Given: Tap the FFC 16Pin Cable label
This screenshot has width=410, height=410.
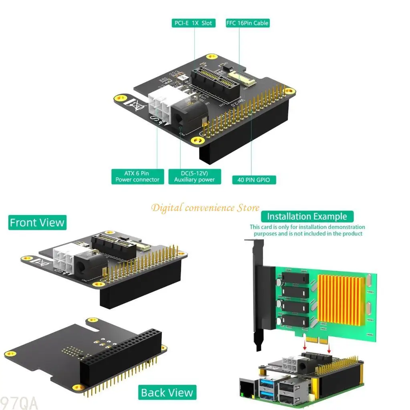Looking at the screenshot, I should (x=247, y=23).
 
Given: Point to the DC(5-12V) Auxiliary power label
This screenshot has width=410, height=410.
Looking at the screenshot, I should (x=194, y=177).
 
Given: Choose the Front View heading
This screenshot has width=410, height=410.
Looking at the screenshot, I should (x=37, y=223).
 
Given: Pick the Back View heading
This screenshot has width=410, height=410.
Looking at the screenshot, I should (x=167, y=393).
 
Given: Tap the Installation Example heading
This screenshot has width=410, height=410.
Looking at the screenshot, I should (x=307, y=217).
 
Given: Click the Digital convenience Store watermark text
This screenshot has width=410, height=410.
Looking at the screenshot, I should (x=205, y=207).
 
